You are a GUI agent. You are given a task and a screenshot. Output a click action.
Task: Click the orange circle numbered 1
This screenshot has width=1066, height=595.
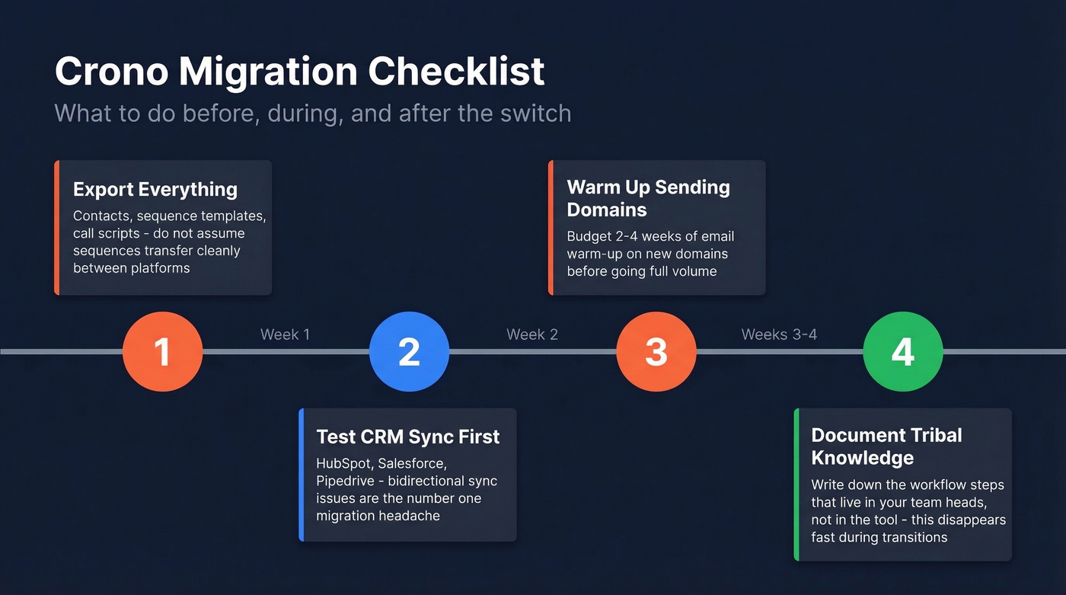coord(162,351)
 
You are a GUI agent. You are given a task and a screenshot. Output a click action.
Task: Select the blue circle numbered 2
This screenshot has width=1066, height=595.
coord(409,351)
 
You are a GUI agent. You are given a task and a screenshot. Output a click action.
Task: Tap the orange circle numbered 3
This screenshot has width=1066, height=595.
coord(656,351)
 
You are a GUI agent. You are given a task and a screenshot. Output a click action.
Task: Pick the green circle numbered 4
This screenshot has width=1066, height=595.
coord(902,351)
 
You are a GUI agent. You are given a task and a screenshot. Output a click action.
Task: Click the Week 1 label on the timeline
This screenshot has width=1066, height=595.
coord(285,334)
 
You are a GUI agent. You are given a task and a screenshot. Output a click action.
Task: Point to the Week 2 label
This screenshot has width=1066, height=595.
coord(532,334)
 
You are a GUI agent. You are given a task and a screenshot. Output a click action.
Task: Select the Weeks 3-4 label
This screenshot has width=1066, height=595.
coord(779,334)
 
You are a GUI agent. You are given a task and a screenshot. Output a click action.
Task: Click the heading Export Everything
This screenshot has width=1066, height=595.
coord(155,189)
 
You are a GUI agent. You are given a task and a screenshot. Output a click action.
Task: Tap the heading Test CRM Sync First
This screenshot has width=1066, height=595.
coord(408,437)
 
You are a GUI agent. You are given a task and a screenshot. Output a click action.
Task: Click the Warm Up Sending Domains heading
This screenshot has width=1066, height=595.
coord(648,198)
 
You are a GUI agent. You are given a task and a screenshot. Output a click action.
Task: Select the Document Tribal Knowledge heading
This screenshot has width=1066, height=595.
coord(886,446)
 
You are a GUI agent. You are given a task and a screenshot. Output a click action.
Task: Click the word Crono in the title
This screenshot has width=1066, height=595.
coord(111,72)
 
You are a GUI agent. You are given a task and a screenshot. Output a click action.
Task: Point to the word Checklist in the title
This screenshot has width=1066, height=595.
coord(456,72)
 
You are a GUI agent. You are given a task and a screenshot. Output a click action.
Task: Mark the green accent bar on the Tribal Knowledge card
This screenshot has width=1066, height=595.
coord(796,485)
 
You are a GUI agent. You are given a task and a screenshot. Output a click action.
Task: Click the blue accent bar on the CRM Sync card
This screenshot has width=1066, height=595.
coord(302,475)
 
